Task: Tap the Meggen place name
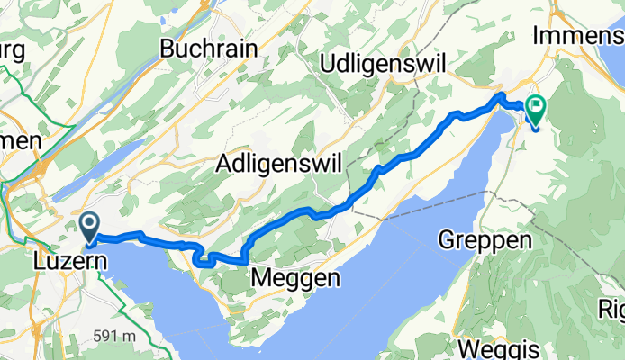tap(296, 279)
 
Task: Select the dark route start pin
tap(90, 226)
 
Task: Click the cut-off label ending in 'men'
tap(20, 141)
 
